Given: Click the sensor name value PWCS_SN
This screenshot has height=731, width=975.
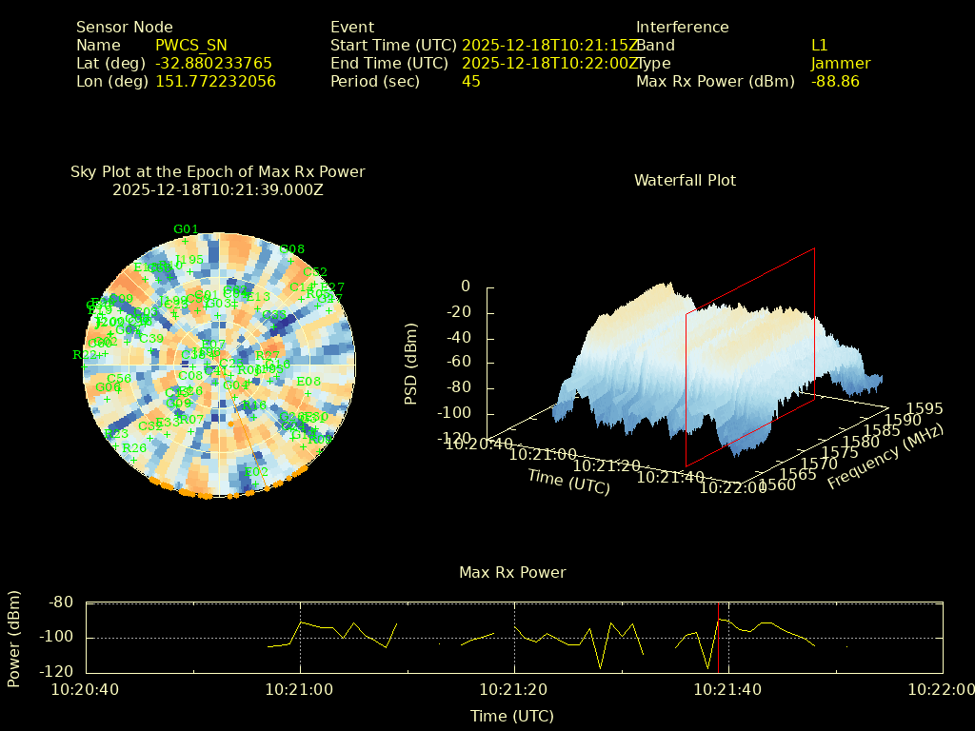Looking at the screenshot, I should pyautogui.click(x=191, y=46).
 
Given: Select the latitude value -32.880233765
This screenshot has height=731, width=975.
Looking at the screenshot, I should pyautogui.click(x=213, y=64).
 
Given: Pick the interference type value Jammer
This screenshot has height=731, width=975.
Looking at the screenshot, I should pyautogui.click(x=841, y=64).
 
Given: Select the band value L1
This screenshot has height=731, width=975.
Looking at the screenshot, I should pyautogui.click(x=819, y=46).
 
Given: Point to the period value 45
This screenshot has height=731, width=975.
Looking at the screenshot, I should pyautogui.click(x=471, y=82).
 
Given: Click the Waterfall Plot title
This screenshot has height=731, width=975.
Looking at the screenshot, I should pyautogui.click(x=685, y=180).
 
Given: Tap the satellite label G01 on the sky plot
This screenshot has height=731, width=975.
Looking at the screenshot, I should pyautogui.click(x=186, y=229).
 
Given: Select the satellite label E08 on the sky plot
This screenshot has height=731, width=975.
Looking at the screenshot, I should pyautogui.click(x=308, y=382).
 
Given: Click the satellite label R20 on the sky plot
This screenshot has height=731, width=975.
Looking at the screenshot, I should pyautogui.click(x=134, y=448).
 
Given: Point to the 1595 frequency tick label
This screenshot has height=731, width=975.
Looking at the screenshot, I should pyautogui.click(x=925, y=409).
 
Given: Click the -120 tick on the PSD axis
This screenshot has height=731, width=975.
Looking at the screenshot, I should pyautogui.click(x=453, y=439).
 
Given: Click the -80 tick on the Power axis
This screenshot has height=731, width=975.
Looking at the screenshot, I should pyautogui.click(x=61, y=603).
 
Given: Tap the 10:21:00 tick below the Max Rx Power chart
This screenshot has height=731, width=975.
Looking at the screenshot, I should pyautogui.click(x=300, y=690).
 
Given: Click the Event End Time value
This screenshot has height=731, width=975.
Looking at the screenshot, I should pyautogui.click(x=550, y=64).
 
